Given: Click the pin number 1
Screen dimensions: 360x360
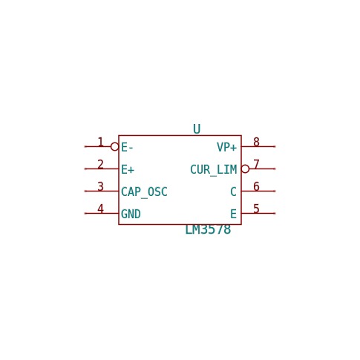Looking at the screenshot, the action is coord(100,143).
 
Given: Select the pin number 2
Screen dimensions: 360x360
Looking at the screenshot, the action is coord(100,165).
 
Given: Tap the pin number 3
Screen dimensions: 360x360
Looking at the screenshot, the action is coord(100,187).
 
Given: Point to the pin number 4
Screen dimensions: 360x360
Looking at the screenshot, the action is coord(100,209).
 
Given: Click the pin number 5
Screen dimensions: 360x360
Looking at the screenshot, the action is coord(256,209).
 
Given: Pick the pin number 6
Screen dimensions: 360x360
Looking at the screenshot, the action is coord(256,186).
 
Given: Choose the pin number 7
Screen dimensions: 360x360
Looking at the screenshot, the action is coord(256,164).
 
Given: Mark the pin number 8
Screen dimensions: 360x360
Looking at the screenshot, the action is coord(256,142).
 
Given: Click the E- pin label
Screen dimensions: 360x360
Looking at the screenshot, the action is coord(127,148).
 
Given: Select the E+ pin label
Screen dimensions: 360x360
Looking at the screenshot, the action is coord(128,170).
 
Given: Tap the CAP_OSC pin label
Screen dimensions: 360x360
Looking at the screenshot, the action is coord(144,192).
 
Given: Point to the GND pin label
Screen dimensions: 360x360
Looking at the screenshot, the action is coord(131,215).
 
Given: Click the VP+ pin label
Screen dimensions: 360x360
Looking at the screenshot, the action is coord(227,148).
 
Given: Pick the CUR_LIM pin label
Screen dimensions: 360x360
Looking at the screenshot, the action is coord(214,170).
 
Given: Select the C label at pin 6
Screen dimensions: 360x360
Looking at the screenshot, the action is coord(233,192).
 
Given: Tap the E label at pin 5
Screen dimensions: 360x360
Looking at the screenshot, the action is coord(233,215).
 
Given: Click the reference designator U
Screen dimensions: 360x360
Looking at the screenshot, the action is coord(197,129).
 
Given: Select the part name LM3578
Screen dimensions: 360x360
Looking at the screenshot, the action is coord(208,229).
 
